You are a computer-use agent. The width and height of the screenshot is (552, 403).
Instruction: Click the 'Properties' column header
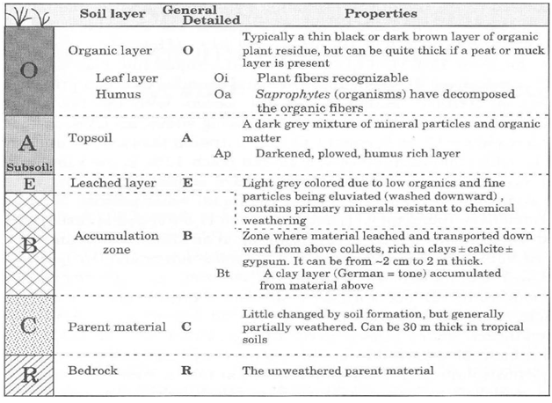pyautogui.click(x=381, y=14)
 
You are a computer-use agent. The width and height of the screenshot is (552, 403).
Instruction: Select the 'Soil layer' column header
pyautogui.click(x=113, y=14)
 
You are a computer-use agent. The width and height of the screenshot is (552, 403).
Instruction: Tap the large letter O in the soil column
pyautogui.click(x=28, y=70)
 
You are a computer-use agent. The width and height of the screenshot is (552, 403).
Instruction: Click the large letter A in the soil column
pyautogui.click(x=27, y=143)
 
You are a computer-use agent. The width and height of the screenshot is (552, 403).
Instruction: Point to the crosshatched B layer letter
pyautogui.click(x=29, y=245)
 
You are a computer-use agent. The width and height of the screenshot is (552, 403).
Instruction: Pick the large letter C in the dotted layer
pyautogui.click(x=28, y=326)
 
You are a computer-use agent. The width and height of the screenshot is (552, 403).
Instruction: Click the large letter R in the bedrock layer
pyautogui.click(x=30, y=375)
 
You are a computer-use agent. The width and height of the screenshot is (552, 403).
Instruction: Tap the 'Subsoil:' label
pyautogui.click(x=30, y=167)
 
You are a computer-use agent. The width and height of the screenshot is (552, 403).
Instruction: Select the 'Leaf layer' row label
pyautogui.click(x=127, y=78)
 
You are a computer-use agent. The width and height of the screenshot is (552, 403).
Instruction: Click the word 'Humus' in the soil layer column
pyautogui.click(x=118, y=94)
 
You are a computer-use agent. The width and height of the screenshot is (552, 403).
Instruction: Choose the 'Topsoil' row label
pyautogui.click(x=91, y=138)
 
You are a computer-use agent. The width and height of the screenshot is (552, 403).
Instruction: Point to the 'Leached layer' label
pyautogui.click(x=113, y=183)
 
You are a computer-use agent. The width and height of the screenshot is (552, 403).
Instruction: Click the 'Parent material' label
pyautogui.click(x=117, y=327)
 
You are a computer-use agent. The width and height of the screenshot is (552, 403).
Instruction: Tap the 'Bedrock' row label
pyautogui.click(x=92, y=370)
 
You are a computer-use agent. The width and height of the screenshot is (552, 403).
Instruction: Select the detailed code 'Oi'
pyautogui.click(x=222, y=77)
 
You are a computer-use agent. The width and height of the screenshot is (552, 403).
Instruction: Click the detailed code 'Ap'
pyautogui.click(x=222, y=154)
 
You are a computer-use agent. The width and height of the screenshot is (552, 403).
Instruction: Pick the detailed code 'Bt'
pyautogui.click(x=223, y=273)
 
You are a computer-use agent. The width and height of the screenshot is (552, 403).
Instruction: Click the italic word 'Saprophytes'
pyautogui.click(x=293, y=94)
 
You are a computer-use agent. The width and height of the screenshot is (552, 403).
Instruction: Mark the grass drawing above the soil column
pyautogui.click(x=29, y=16)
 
